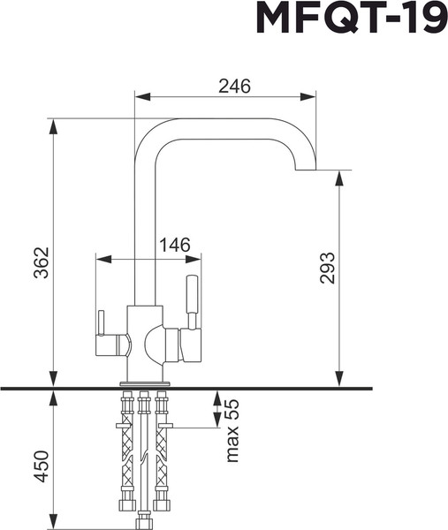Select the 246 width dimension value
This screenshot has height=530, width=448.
[234, 86]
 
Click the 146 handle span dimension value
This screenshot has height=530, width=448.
[175, 246]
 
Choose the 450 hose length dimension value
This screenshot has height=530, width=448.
[41, 466]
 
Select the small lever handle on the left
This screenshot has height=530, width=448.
[101, 327]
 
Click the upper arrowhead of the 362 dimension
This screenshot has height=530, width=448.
[53, 126]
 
